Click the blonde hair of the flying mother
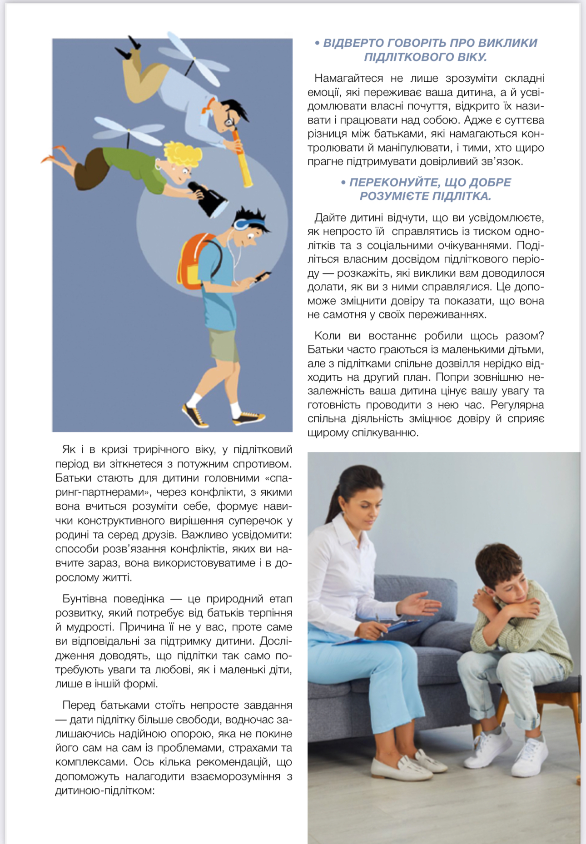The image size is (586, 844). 184,152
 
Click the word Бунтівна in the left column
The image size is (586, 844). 84,599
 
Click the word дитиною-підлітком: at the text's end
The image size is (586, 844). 105,790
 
